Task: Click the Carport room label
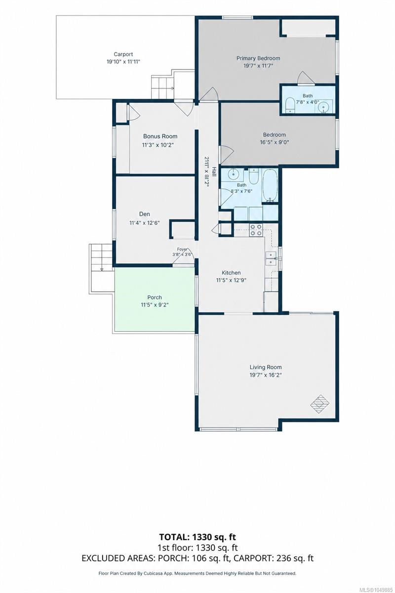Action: pos(123,54)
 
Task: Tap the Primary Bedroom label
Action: pos(258,58)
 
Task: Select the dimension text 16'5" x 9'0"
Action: pos(274,142)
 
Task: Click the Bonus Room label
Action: pos(160,136)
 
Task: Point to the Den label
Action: pos(145,214)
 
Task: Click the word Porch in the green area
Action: pos(155,297)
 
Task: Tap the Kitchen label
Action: pos(231,273)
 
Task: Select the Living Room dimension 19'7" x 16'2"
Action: pos(266,375)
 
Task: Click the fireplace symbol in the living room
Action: pos(320,404)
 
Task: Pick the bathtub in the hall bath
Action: pos(270,186)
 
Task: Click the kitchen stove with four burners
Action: pos(256,230)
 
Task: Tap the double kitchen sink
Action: pos(271,258)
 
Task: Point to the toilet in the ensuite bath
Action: pos(290,104)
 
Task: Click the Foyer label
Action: pos(182,249)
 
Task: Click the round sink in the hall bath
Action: pos(234,174)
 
